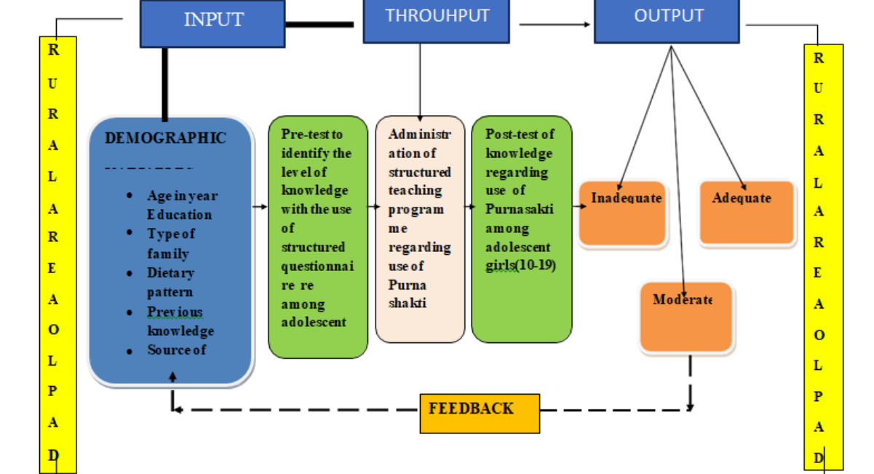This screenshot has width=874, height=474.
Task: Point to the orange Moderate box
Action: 686,316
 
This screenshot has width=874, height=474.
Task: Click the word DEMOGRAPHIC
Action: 165,138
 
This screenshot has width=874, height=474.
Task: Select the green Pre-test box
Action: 317,237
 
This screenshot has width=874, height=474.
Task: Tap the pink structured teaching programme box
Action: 420,229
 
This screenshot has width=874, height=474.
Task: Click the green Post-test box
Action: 521,229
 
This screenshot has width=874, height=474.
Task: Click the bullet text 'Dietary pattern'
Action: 170,283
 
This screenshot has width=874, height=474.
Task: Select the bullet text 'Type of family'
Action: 170,243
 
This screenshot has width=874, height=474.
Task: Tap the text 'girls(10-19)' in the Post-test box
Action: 520,266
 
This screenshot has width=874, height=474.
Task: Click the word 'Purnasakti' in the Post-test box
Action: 519,209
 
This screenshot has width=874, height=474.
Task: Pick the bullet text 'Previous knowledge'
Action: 179,321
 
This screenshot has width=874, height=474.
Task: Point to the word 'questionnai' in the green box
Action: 317,266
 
